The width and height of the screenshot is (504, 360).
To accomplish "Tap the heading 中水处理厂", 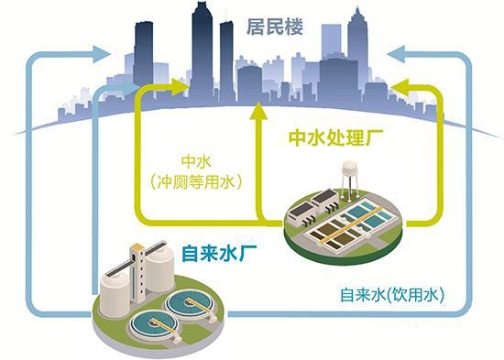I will pyautogui.click(x=335, y=138).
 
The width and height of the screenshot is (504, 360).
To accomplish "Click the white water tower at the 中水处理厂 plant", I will pyautogui.click(x=349, y=174).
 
